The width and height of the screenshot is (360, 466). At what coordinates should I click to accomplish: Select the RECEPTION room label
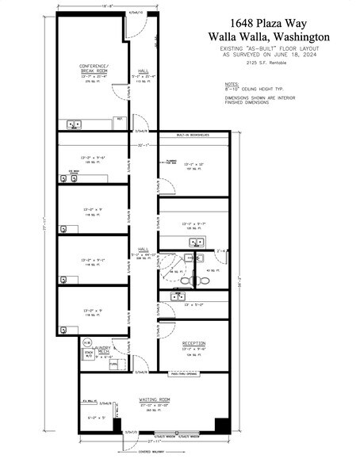coord(193,343)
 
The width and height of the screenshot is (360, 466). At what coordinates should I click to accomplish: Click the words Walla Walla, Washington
coord(269,36)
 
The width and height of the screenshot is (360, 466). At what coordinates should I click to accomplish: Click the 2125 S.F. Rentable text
coord(269,62)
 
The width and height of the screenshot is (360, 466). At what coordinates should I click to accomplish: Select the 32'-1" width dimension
coord(144,146)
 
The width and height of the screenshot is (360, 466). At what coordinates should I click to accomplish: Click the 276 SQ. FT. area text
coord(93,81)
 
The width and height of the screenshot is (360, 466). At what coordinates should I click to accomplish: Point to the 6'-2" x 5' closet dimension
coord(97,417)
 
